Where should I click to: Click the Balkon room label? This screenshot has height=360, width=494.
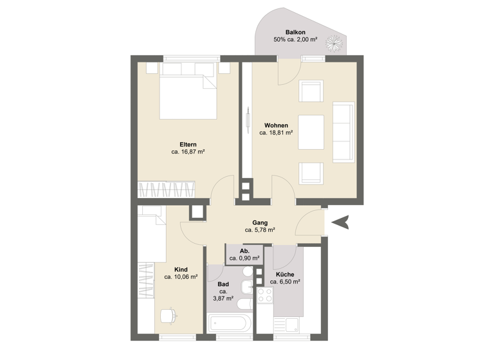point(295,32)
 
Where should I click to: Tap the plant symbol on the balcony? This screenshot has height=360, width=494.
point(334,43)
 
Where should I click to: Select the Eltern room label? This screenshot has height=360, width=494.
point(188,144)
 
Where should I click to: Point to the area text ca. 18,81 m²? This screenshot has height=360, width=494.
point(276,133)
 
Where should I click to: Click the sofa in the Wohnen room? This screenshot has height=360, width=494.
point(343,132)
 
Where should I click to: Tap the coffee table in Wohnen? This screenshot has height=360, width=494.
point(313,131)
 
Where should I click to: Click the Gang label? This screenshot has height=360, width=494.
point(260,222)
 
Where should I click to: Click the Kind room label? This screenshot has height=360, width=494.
point(181,269)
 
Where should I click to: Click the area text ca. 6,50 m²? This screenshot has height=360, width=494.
point(285,282)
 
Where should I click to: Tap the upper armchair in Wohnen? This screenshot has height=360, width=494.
point(313,91)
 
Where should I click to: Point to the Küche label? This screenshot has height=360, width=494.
point(285,274)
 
